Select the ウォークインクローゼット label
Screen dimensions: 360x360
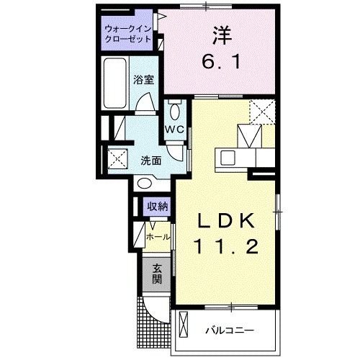127,33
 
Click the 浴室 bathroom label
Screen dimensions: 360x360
143,80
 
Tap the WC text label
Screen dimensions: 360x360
175,130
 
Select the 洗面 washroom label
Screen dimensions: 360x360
150,160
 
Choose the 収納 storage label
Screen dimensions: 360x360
158,206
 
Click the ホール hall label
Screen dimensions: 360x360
158,236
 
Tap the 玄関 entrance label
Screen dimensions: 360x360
156,274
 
